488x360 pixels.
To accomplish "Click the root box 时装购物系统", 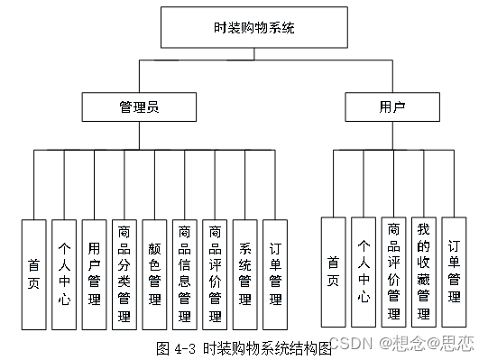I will coord(242,28).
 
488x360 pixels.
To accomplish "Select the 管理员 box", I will coord(139,107).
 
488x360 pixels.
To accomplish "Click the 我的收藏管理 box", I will coord(424,270).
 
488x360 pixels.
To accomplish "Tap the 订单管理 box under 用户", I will coord(454,270).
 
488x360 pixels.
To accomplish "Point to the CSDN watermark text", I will coord(348,343).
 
